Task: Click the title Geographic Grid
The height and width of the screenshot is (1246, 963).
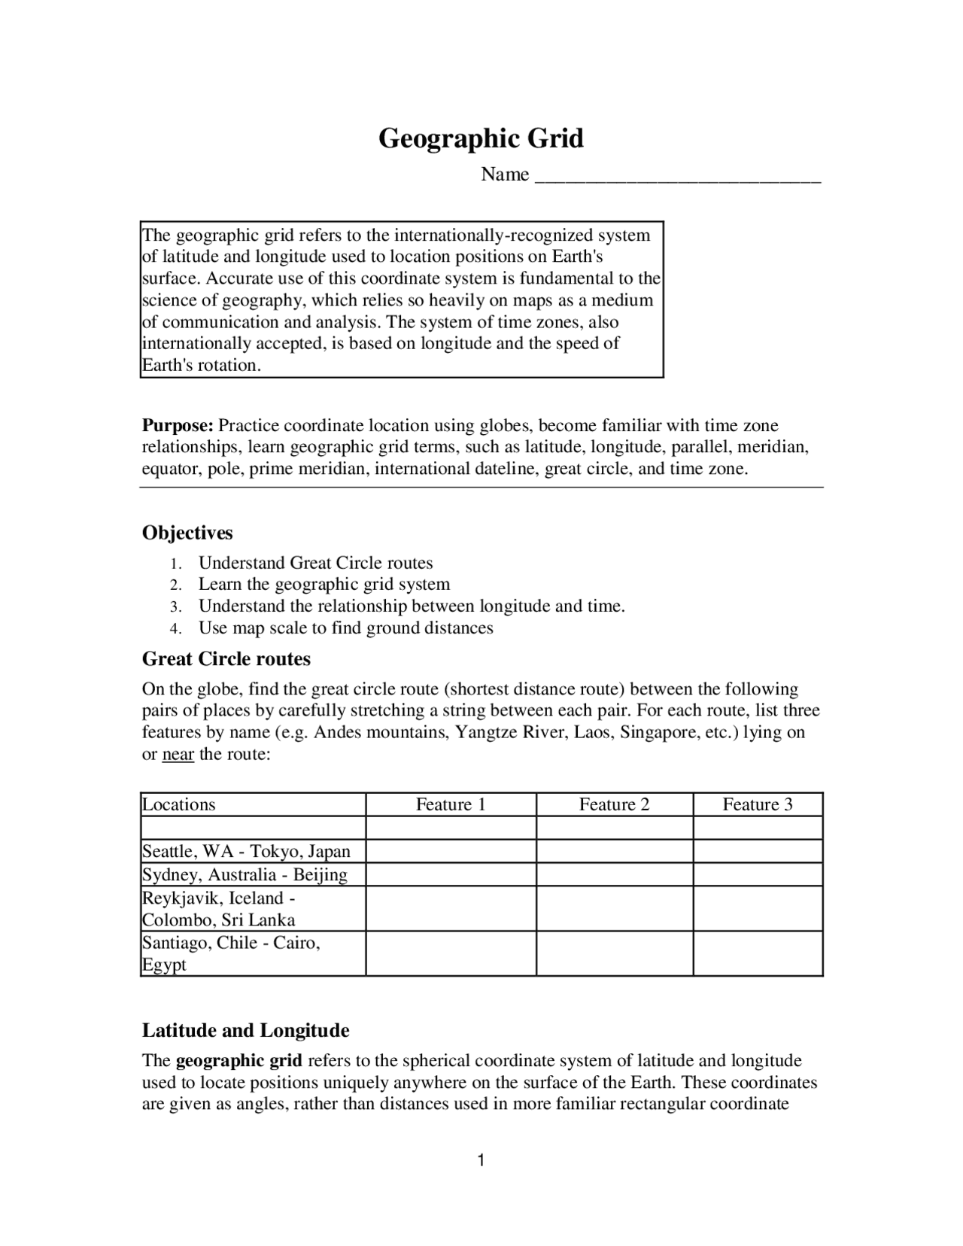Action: coord(481,139)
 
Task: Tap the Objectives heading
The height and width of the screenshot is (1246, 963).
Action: coord(187,533)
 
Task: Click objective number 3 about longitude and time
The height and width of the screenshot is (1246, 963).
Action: coord(411,606)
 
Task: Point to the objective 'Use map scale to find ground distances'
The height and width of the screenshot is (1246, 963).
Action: coord(345,628)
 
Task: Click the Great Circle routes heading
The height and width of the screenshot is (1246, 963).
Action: coord(226,660)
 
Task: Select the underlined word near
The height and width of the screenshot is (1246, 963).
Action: coord(178,755)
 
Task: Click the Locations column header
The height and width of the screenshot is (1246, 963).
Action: coord(179,805)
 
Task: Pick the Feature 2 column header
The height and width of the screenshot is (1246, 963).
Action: coord(614,805)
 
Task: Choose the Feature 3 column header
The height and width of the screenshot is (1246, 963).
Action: coord(758,805)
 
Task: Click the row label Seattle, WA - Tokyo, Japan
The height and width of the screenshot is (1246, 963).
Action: coord(246,852)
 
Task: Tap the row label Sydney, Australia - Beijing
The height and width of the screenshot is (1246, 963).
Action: coord(245,875)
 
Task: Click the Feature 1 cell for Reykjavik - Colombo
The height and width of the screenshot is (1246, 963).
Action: coord(451,909)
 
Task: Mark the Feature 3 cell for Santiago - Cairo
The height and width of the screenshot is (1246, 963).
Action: coord(758,954)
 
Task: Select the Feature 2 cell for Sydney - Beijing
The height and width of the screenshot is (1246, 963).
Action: coord(614,875)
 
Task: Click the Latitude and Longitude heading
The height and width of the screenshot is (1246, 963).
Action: coord(245,1031)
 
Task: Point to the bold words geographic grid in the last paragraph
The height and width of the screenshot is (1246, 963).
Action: coord(238,1062)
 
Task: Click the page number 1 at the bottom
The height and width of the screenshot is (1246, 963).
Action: coord(481,1161)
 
